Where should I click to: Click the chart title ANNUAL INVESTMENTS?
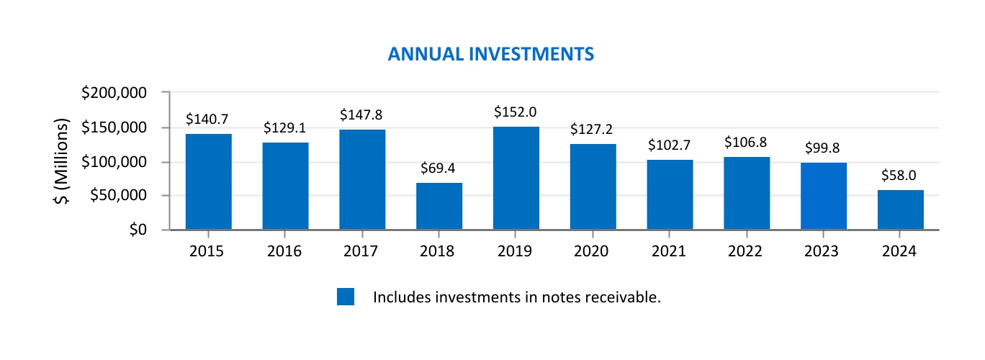[x=490, y=55]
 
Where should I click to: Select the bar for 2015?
[x=208, y=181]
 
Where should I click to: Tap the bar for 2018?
[x=439, y=206]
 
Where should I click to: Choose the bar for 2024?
[x=900, y=210]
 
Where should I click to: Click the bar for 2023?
[x=823, y=196]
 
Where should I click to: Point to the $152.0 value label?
[x=516, y=112]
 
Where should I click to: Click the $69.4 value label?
[x=438, y=170]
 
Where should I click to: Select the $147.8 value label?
[x=361, y=115]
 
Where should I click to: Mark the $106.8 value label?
[x=746, y=143]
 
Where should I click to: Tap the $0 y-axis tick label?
[x=137, y=230]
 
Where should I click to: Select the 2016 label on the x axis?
[x=284, y=251]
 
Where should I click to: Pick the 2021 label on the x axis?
[x=670, y=251]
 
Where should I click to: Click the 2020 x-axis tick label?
[x=593, y=251]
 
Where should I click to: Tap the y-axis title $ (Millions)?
[x=63, y=161]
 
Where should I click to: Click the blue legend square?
[x=346, y=297]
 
